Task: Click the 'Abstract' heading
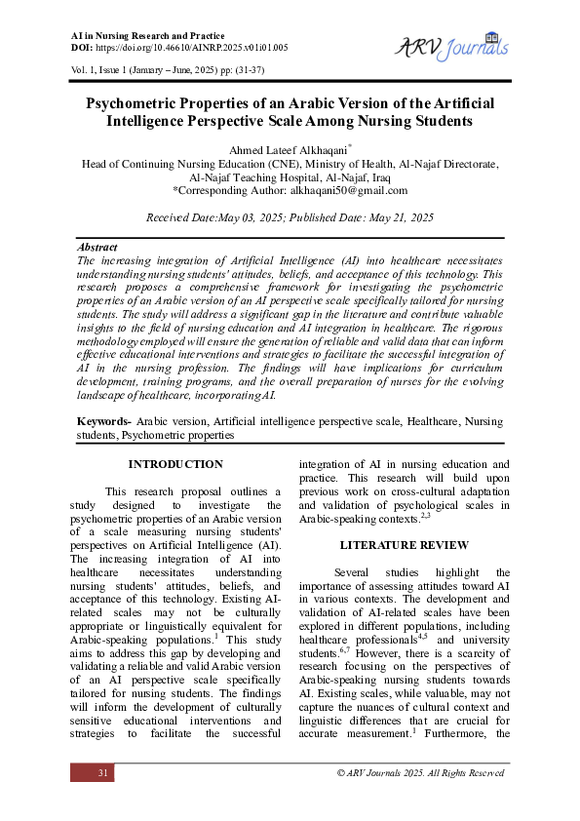[97, 248]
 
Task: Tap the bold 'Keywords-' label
[104, 420]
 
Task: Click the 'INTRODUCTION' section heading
[175, 464]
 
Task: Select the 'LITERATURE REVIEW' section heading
[404, 545]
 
